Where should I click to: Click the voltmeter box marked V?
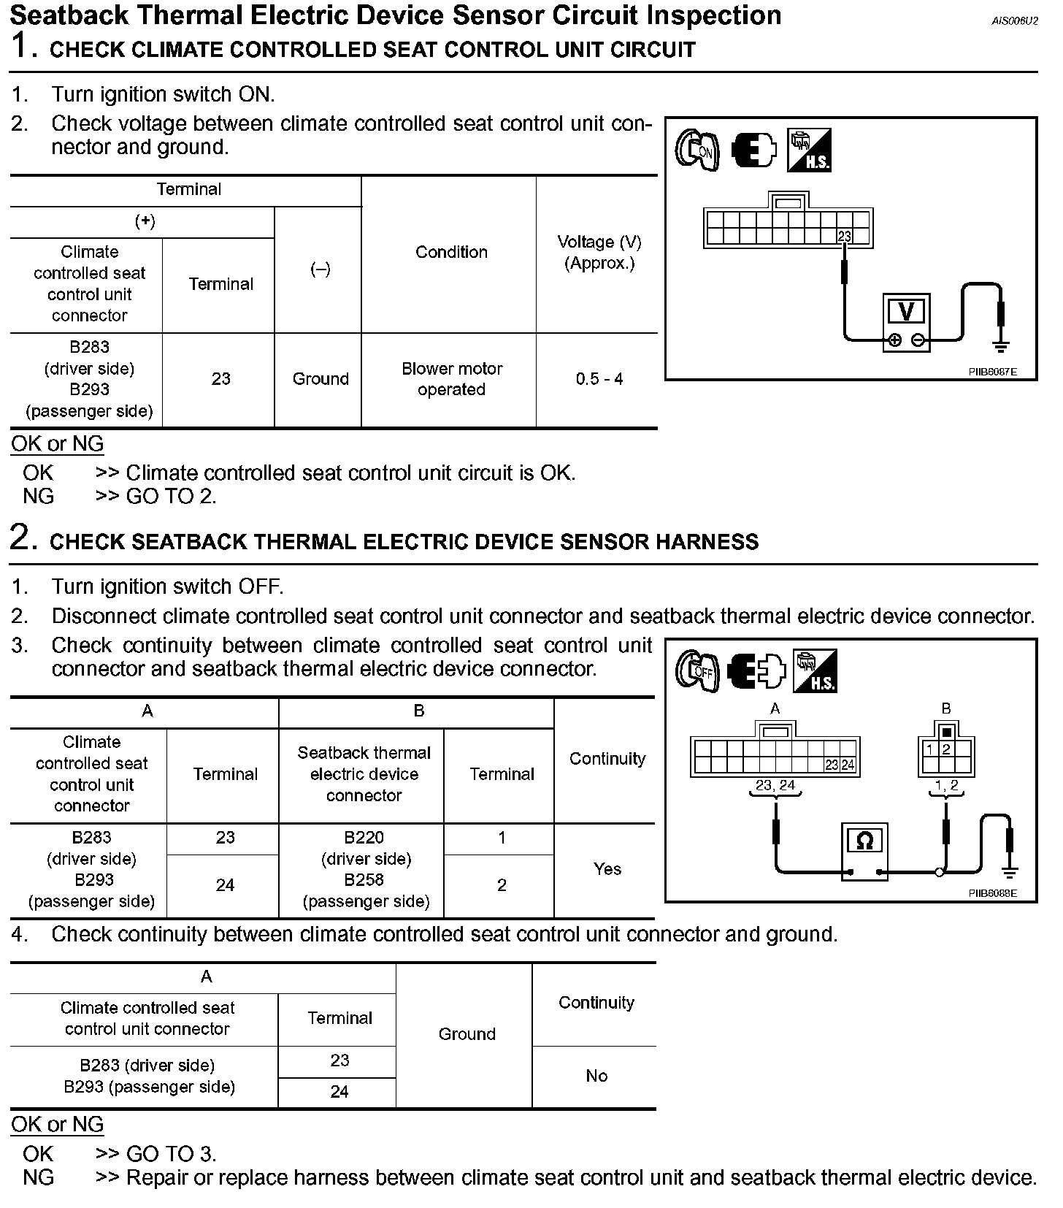click(905, 321)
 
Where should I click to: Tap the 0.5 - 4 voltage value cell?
click(599, 379)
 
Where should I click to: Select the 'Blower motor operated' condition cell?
click(451, 379)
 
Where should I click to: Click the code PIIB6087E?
click(992, 372)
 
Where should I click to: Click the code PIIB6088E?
click(992, 893)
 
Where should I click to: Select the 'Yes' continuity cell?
click(607, 869)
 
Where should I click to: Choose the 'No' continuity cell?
click(596, 1076)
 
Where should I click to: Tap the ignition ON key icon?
click(696, 150)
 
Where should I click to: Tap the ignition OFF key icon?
click(696, 670)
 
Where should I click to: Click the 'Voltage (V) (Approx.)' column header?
click(599, 252)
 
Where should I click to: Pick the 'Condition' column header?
click(451, 252)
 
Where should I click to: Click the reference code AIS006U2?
click(1014, 21)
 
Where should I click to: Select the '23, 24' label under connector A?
click(775, 785)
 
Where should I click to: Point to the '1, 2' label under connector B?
click(946, 785)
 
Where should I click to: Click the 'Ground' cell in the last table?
click(467, 1034)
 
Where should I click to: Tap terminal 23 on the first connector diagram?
click(844, 237)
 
